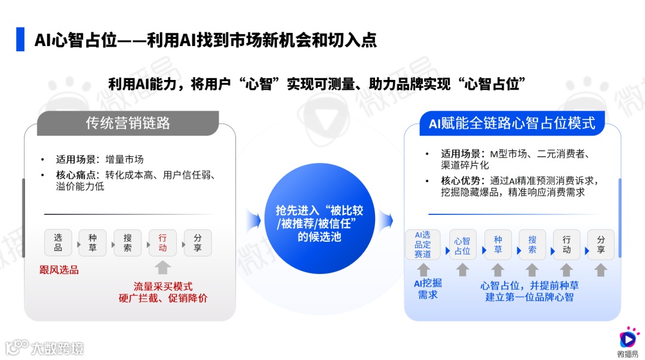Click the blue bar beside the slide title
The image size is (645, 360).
click(x=21, y=39)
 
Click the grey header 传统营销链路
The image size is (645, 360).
click(x=128, y=123)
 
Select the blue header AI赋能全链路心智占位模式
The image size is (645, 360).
click(x=512, y=123)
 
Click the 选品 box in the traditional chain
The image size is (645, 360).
click(x=58, y=242)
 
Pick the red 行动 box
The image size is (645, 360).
click(x=162, y=242)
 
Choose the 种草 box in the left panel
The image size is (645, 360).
click(x=93, y=242)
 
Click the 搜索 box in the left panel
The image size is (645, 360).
click(x=127, y=242)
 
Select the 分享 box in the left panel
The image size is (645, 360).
click(x=198, y=242)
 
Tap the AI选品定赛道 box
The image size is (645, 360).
click(x=423, y=244)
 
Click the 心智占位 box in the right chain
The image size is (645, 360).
click(x=462, y=245)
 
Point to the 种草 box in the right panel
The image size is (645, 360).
click(x=497, y=245)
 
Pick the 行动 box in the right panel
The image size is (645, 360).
click(x=566, y=245)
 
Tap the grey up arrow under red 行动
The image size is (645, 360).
click(x=163, y=267)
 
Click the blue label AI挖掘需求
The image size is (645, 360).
click(x=428, y=289)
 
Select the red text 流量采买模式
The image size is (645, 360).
click(x=163, y=287)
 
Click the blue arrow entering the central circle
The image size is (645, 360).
click(x=253, y=221)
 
